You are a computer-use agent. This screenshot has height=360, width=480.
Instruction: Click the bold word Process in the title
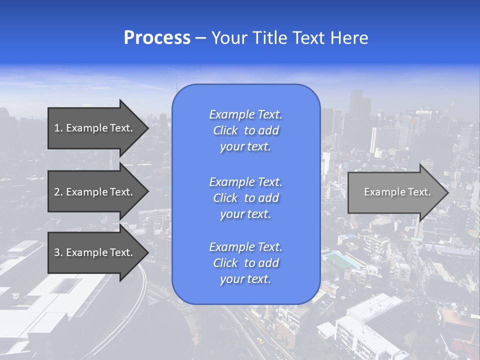157,38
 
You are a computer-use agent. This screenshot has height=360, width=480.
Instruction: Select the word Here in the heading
348,38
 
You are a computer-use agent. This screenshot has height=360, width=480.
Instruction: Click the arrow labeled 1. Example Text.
95,128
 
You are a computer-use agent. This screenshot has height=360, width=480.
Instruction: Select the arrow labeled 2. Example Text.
95,192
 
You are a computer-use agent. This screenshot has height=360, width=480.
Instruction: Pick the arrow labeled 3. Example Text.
95,252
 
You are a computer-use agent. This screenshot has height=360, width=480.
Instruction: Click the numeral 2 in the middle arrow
57,192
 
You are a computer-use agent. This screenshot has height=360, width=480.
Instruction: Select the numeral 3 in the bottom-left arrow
57,252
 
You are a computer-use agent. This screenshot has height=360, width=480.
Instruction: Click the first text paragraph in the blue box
245,130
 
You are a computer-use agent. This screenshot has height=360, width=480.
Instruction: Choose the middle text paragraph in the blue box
245,198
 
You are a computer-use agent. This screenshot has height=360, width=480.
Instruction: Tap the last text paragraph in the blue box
245,263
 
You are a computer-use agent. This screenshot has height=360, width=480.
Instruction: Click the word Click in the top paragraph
225,131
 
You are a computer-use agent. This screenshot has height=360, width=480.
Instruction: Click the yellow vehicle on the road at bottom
259,340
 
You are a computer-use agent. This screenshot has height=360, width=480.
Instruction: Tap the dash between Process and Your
201,38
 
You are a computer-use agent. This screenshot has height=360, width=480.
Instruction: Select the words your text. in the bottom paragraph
245,279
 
